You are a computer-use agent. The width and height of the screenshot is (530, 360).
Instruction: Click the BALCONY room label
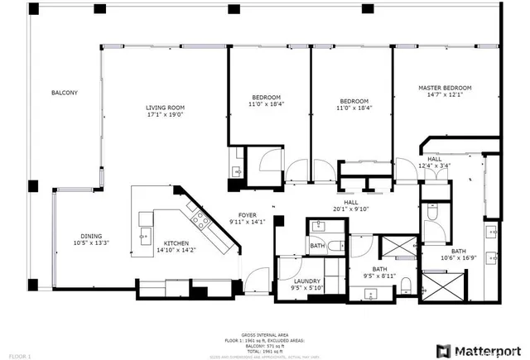(x=64, y=93)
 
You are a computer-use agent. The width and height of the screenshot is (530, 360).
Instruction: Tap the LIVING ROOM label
(x=165, y=108)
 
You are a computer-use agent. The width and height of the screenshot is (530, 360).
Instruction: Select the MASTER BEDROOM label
(x=445, y=88)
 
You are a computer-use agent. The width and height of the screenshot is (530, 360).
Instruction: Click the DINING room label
(x=91, y=235)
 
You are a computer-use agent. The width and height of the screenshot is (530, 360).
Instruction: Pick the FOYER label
(x=248, y=214)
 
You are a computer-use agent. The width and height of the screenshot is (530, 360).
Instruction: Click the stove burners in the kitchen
(x=200, y=218)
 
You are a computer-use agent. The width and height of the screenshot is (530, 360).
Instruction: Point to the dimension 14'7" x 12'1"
(x=445, y=95)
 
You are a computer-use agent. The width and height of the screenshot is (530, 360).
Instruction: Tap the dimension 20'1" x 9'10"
(x=350, y=209)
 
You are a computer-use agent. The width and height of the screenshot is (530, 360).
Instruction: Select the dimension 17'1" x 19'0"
(x=165, y=115)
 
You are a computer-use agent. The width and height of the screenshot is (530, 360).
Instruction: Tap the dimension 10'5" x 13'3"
(x=91, y=242)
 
